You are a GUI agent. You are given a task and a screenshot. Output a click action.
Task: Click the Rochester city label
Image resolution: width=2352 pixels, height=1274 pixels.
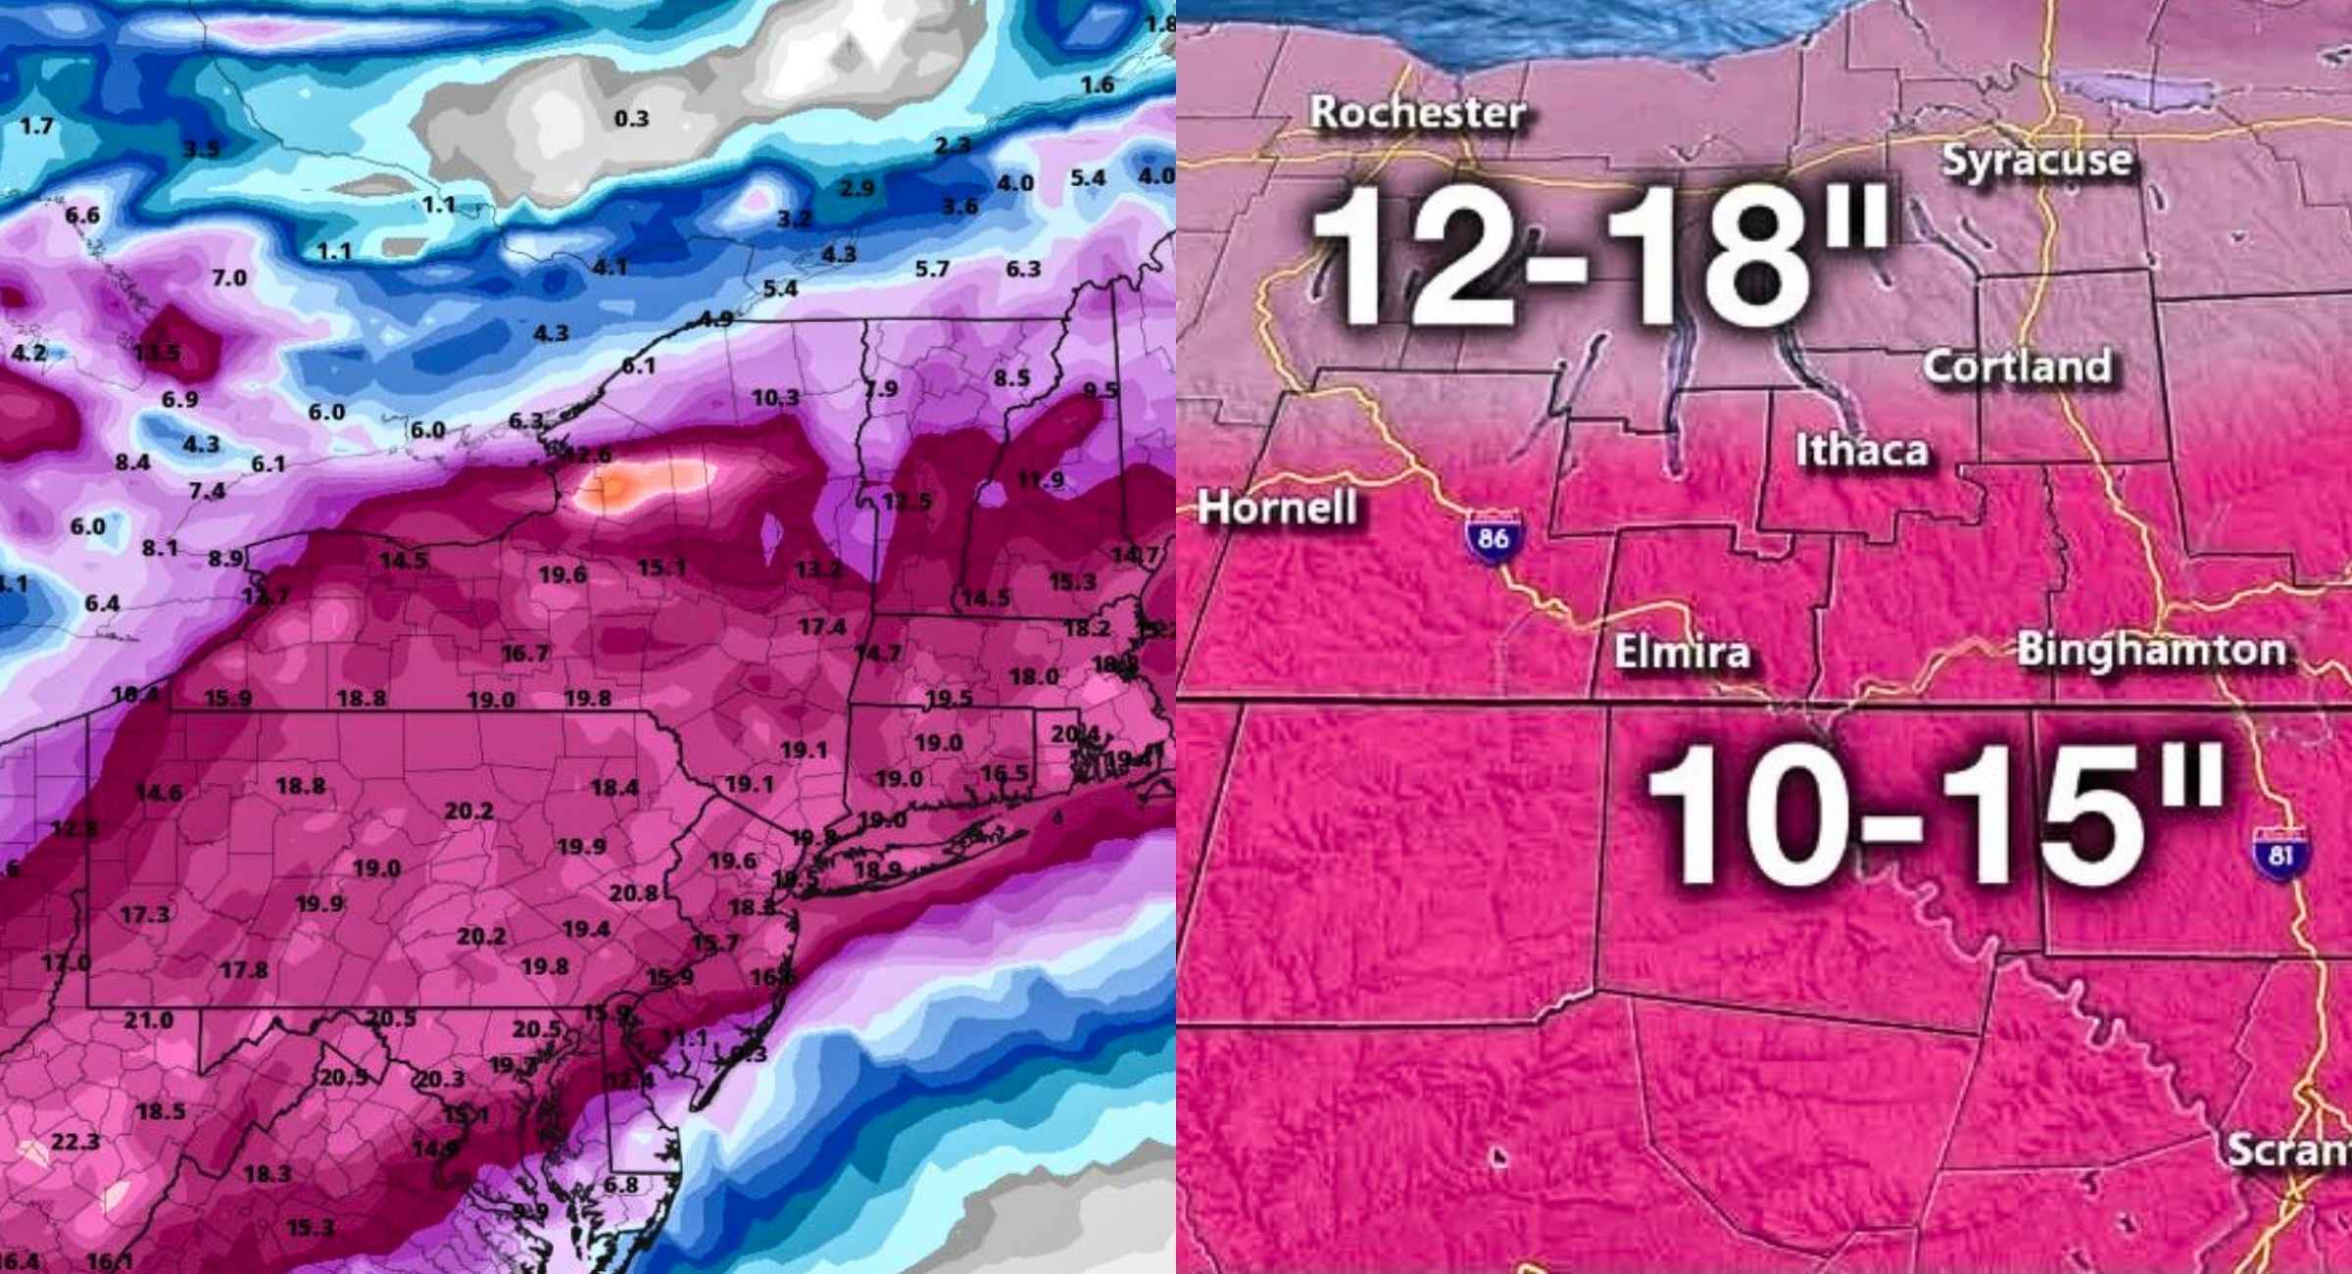tap(1417, 113)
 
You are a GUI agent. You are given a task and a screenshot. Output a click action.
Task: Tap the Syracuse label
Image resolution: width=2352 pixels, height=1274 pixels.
tap(2036, 161)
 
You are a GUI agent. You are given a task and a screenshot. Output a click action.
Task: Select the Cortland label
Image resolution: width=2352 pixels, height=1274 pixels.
tap(2017, 367)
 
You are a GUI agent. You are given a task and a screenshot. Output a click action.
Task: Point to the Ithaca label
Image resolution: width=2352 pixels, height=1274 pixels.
tap(1862, 450)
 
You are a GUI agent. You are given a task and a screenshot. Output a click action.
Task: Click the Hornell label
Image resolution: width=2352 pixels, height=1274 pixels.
tap(1277, 508)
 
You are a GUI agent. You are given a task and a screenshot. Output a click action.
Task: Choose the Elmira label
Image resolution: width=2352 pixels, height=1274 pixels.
tap(1682, 652)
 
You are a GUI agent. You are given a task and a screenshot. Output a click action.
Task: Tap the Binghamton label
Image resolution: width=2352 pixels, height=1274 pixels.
tap(2152, 650)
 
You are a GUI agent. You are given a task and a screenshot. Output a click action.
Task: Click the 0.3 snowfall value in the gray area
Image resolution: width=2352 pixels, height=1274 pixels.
tap(631, 120)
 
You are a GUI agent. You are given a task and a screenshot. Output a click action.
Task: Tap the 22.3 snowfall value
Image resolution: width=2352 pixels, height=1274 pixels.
tap(75, 1142)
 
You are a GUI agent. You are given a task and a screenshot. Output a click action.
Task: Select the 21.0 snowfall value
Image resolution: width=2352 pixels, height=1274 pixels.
tap(148, 1020)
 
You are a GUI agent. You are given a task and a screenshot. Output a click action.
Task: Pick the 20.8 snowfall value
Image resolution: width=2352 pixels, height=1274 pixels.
tap(633, 894)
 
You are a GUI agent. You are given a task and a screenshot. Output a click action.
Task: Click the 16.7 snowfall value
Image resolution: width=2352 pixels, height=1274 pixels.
tap(525, 654)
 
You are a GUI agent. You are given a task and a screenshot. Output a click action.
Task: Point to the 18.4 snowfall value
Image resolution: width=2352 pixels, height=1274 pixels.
tap(614, 787)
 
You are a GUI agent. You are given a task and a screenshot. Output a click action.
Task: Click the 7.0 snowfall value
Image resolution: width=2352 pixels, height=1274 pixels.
tap(228, 278)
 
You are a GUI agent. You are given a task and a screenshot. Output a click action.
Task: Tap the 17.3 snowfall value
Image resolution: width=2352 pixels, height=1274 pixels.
tap(144, 915)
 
